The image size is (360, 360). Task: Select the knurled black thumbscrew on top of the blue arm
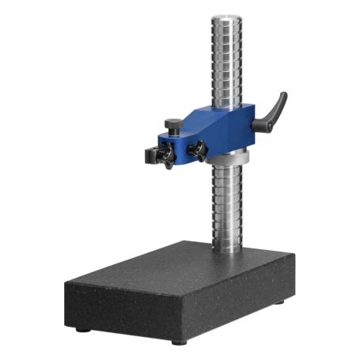tap(171, 125)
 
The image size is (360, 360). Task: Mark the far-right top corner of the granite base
tap(294, 256)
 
